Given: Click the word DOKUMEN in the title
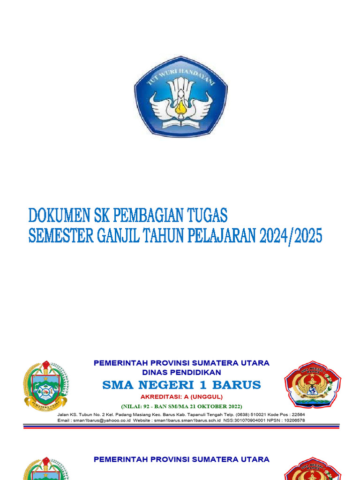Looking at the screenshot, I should [56, 216].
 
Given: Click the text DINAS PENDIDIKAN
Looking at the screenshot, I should [181, 372].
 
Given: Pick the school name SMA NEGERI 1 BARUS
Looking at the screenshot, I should [181, 385].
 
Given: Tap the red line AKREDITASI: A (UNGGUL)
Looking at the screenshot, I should [181, 397].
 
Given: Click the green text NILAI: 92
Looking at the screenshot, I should [138, 406].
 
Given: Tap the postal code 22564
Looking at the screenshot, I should [296, 414].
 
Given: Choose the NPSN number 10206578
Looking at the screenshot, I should [291, 420].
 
